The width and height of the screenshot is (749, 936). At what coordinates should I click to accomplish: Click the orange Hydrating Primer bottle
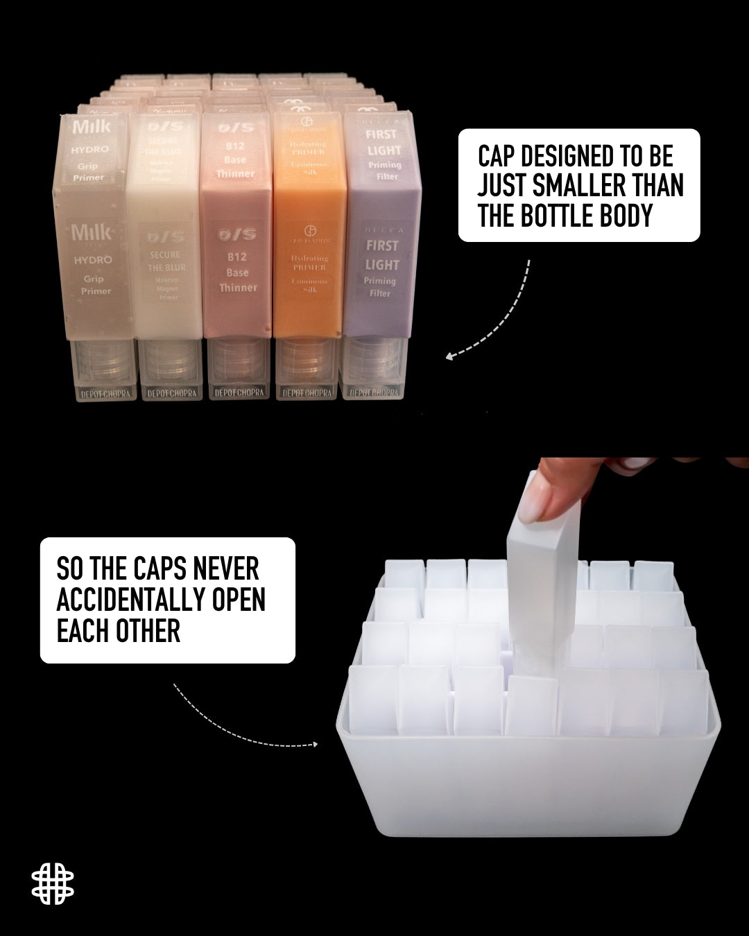click(x=309, y=229)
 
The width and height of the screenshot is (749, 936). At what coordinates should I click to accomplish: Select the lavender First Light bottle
click(x=382, y=229)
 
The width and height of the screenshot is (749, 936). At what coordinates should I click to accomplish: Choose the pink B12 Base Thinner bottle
click(x=236, y=229)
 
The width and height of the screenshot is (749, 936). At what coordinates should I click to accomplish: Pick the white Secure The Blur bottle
click(x=165, y=229)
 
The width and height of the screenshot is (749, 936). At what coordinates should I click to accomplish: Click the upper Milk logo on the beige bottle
click(x=91, y=127)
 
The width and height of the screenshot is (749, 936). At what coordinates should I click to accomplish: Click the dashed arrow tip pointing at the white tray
click(x=315, y=745)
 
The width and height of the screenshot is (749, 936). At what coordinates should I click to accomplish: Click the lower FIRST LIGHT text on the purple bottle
click(x=382, y=254)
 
